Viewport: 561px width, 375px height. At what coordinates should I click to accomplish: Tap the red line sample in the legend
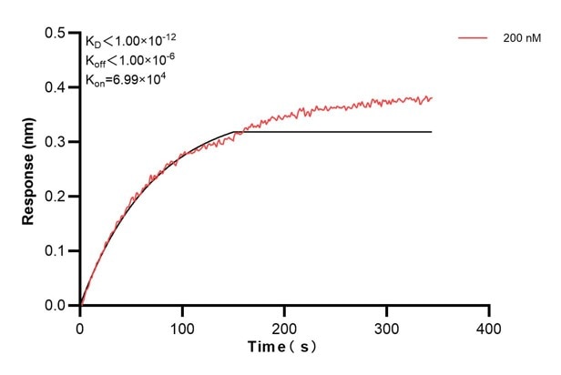pos(474,39)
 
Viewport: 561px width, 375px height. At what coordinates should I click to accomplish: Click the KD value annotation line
pos(133,42)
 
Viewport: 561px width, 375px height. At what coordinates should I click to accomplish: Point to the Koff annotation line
pos(133,60)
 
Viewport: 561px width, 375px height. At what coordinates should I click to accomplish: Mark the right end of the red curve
pos(432,97)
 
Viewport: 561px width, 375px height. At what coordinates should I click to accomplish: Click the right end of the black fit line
pos(432,132)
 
